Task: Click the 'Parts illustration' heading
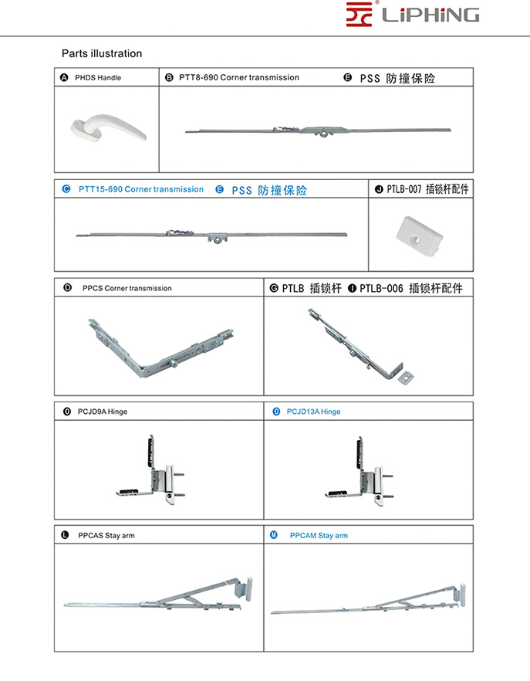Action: (102, 54)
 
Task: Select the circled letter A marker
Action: (64, 77)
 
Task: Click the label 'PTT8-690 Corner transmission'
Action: (238, 77)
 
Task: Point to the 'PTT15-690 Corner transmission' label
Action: (141, 189)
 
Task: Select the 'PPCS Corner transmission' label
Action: (127, 288)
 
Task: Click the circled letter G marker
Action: (274, 288)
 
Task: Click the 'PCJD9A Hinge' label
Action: (103, 412)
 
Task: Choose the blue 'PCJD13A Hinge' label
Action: (313, 412)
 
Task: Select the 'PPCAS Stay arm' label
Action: (106, 535)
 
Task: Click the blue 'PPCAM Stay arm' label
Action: (319, 535)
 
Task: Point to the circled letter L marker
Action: (65, 535)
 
